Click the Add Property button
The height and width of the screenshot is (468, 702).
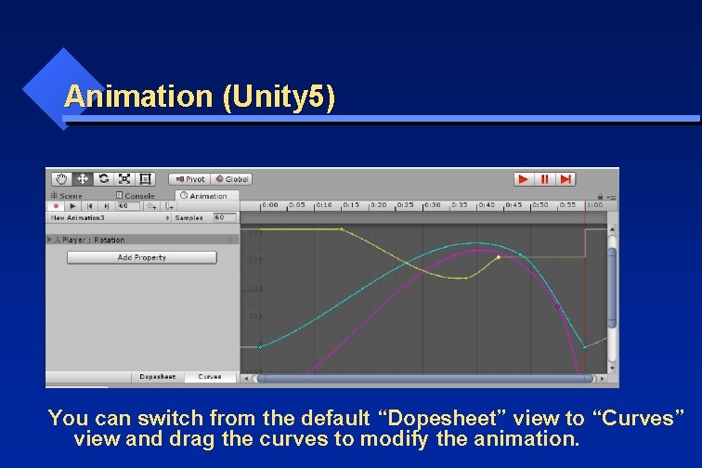(x=141, y=257)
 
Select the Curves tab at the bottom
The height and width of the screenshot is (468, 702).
(x=210, y=377)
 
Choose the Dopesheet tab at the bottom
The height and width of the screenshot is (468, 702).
(x=157, y=377)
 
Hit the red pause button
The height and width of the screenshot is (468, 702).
(x=545, y=179)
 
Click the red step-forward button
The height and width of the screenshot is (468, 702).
(x=565, y=179)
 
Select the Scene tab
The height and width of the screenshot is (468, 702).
(x=68, y=196)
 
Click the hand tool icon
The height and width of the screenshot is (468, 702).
(x=61, y=178)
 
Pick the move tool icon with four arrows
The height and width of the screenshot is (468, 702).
(x=82, y=178)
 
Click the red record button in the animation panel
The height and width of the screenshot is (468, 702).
(x=57, y=206)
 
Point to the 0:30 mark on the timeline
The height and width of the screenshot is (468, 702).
(x=433, y=205)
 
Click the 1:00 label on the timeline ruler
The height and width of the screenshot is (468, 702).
(x=594, y=205)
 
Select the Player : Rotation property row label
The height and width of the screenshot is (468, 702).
(x=93, y=240)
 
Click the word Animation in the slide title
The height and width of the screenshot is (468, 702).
(x=138, y=97)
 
